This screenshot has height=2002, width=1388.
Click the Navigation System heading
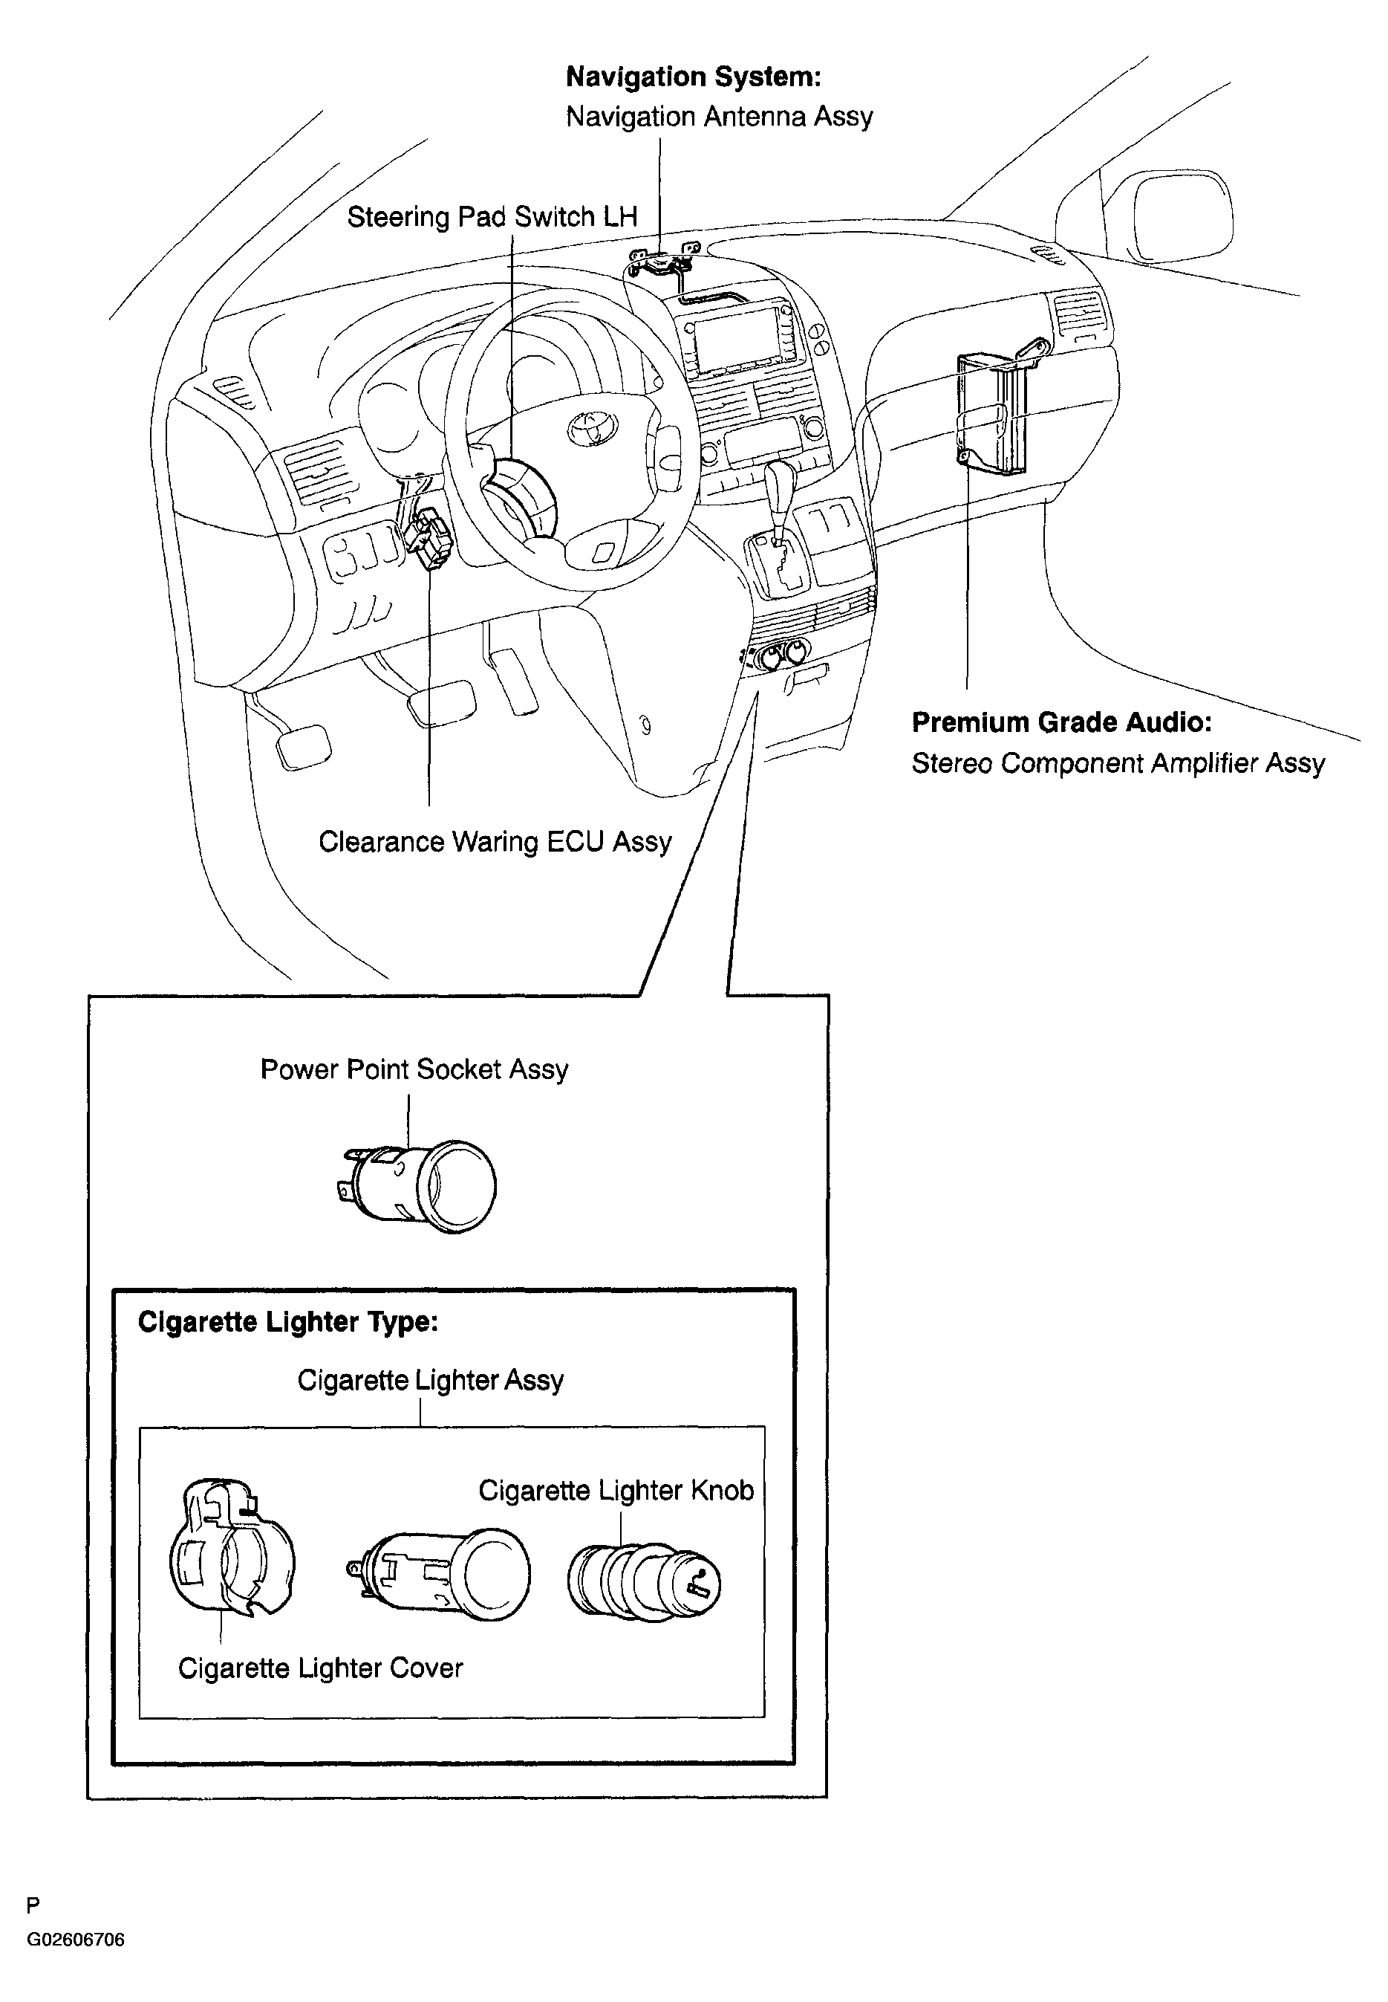pos(693,77)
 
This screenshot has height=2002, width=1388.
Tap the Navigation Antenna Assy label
pos(718,117)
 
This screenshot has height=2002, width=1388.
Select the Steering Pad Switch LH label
pos(492,217)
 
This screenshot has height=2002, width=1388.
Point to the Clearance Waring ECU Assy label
pos(495,841)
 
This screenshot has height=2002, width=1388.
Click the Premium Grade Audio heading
pos(1061,722)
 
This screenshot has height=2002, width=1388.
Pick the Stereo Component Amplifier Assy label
pos(1118,763)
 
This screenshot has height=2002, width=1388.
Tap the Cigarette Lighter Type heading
pos(288,1321)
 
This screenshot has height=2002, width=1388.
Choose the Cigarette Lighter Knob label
pos(616,1491)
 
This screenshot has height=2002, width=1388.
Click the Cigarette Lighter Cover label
pos(320,1668)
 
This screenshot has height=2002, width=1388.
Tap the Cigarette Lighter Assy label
pos(431,1380)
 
